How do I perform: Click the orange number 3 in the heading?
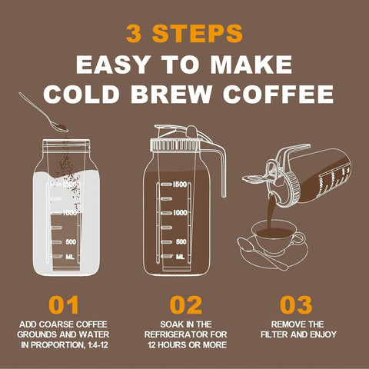pyautogui.click(x=135, y=35)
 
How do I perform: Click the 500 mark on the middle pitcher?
pyautogui.click(x=181, y=241)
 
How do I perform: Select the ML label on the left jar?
pyautogui.click(x=70, y=257)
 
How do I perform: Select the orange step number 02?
pyautogui.click(x=184, y=304)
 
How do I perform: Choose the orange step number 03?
pyautogui.click(x=296, y=304)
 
